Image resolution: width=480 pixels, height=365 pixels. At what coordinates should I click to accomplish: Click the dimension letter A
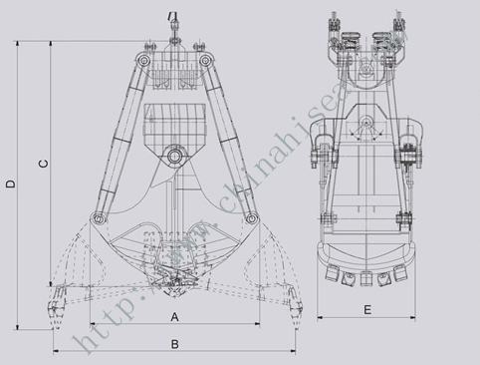point(173,317)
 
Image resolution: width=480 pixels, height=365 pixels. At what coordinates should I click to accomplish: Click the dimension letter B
point(173,344)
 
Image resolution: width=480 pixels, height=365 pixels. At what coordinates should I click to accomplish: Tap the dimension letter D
point(10,183)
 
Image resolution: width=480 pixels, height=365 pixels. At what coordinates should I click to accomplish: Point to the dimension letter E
point(367,310)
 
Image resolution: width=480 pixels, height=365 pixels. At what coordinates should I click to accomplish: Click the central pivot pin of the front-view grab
point(174,156)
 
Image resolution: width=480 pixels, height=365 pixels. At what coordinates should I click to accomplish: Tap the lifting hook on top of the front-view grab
point(173,17)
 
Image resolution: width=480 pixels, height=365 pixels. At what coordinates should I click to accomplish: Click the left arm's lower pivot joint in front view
point(97,217)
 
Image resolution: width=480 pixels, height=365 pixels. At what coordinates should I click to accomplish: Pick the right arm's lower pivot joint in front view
point(251,217)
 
